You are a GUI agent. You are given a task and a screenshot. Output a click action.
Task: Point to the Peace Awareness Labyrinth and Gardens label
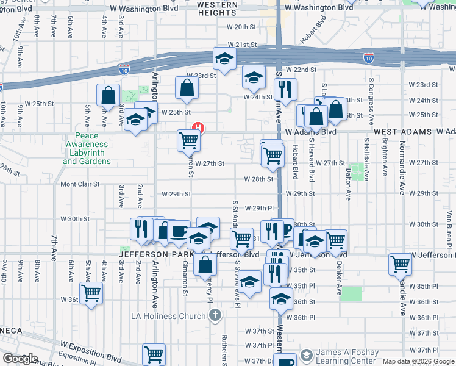[x=87, y=149]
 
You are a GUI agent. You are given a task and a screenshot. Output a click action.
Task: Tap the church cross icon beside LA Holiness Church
[x=214, y=315]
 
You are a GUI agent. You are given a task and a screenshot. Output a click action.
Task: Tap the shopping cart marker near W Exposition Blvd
[x=154, y=353]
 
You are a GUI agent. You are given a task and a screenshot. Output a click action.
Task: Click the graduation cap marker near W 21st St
[x=224, y=59]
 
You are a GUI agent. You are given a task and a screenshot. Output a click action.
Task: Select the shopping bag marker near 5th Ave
[x=108, y=95]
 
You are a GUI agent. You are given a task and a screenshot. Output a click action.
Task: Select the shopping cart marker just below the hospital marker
[x=189, y=140]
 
